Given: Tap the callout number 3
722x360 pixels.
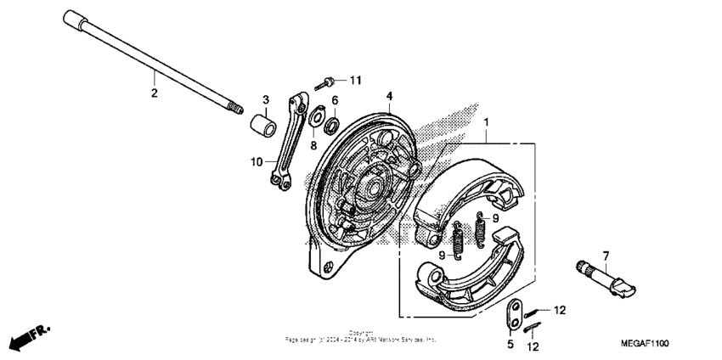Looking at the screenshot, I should pos(265,100).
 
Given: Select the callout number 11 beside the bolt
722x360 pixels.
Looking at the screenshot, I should pos(355,80).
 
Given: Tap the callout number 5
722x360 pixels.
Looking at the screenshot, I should pos(510,344).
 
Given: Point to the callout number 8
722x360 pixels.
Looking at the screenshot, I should pos(313,146).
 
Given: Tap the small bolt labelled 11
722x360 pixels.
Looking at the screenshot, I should pos(324,83).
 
